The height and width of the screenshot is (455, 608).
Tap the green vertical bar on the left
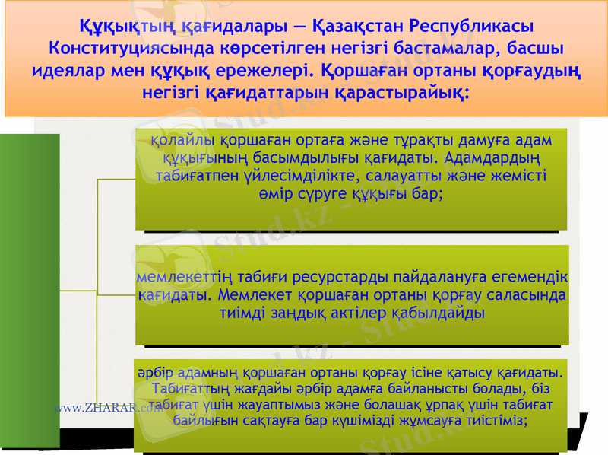click(x=30, y=289)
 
